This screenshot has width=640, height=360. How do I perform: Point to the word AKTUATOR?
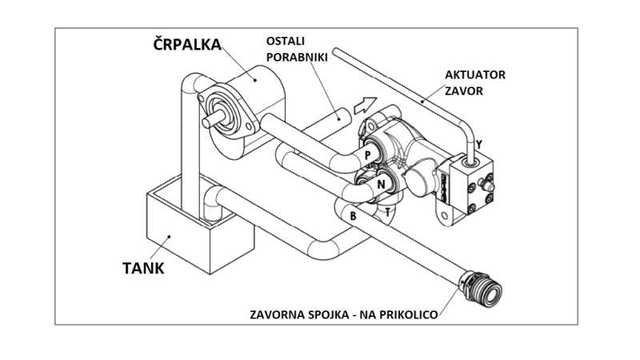475,74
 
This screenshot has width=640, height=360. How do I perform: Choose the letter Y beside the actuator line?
479,146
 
